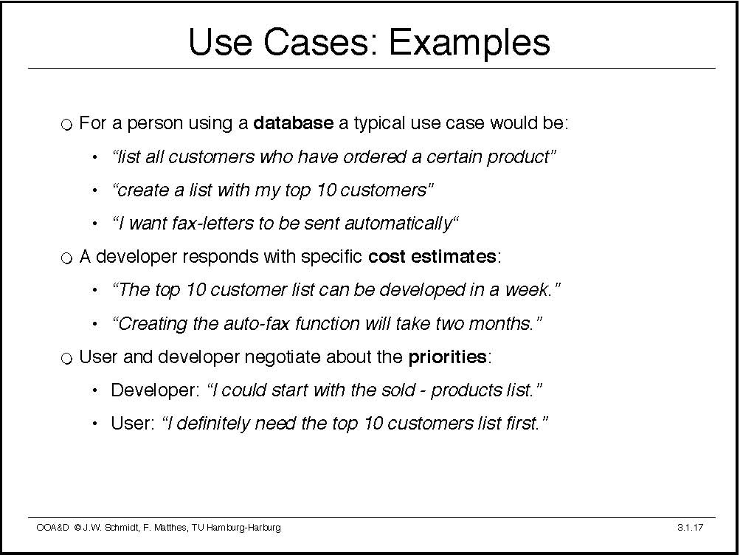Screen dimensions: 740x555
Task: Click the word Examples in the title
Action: pos(469,44)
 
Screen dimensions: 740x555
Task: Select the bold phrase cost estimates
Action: pos(432,257)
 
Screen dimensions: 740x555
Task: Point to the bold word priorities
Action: pos(447,357)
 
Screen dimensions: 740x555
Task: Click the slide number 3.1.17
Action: pos(690,528)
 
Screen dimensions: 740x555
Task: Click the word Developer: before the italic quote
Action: pos(156,390)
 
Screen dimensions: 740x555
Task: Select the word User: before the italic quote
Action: pos(133,424)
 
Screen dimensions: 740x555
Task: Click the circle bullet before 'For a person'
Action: pos(67,125)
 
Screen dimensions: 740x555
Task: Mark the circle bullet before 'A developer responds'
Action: pos(67,258)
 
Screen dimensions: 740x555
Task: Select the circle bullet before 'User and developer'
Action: pos(67,359)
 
